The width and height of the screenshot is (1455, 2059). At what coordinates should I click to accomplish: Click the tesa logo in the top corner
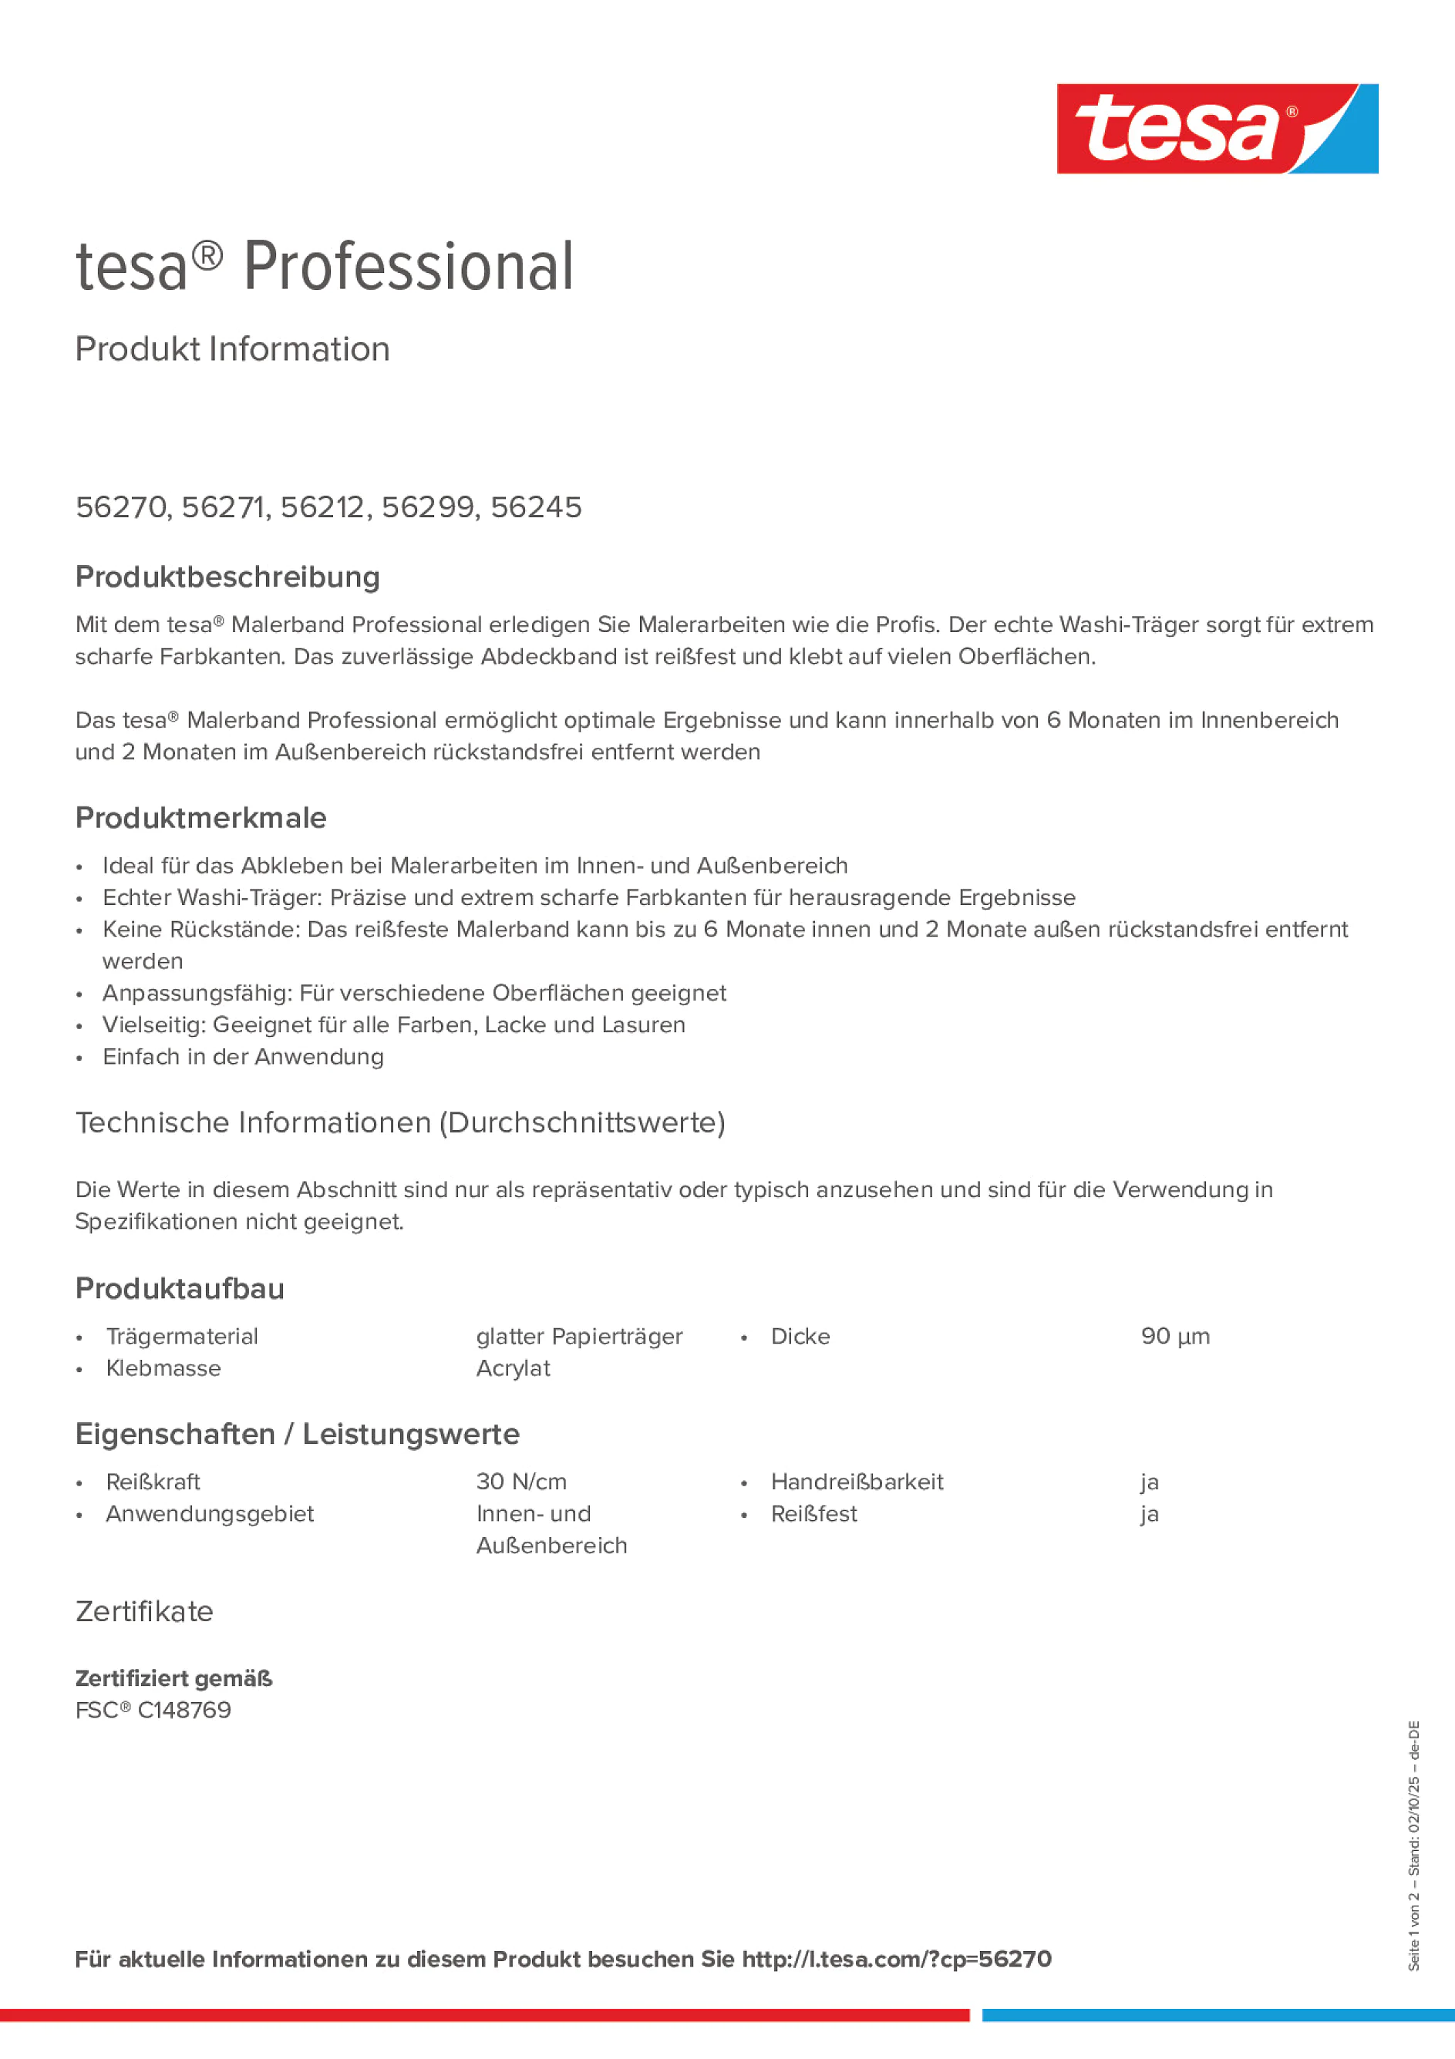1217,128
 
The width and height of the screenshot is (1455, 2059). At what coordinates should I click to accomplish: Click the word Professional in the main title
408,267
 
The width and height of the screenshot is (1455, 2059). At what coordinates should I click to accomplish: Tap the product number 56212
323,507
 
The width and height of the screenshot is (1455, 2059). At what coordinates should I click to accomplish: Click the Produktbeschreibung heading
227,577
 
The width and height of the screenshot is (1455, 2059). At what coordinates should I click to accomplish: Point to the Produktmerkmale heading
201,818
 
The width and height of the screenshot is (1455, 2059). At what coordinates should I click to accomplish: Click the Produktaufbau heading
180,1289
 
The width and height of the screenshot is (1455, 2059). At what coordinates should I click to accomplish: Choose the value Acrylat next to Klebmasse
513,1368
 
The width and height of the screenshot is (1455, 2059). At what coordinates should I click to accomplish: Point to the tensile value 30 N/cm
521,1482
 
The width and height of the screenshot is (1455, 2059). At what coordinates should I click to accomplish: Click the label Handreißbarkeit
857,1482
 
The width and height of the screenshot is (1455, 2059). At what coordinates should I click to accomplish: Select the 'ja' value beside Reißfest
1149,1514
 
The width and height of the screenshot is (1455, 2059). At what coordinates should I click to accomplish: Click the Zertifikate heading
144,1611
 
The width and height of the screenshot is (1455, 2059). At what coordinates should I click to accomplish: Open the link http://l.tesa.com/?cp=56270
896,1960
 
